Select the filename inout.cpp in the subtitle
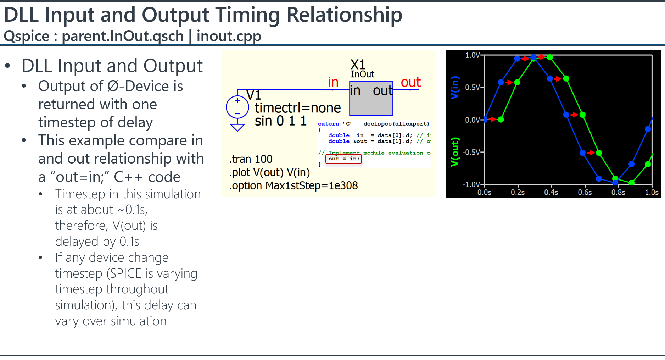pyautogui.click(x=229, y=36)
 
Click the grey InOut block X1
pyautogui.click(x=371, y=98)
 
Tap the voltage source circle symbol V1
pyautogui.click(x=237, y=107)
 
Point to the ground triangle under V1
pyautogui.click(x=237, y=127)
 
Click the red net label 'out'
pyautogui.click(x=410, y=82)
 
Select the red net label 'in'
pyautogui.click(x=333, y=82)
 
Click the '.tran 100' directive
pyautogui.click(x=251, y=159)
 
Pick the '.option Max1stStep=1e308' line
pyautogui.click(x=293, y=185)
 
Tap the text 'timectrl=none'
pyautogui.click(x=298, y=108)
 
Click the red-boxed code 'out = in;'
pyautogui.click(x=343, y=159)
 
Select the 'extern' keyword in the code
pyautogui.click(x=328, y=124)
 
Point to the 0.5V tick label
pyautogui.click(x=472, y=87)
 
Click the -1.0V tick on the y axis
pyautogui.click(x=471, y=184)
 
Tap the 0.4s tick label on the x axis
pyautogui.click(x=551, y=193)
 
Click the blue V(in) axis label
pyautogui.click(x=454, y=88)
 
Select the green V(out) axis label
pyautogui.click(x=454, y=152)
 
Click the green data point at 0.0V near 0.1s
pyautogui.click(x=501, y=120)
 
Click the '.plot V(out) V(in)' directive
pyautogui.click(x=269, y=173)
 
